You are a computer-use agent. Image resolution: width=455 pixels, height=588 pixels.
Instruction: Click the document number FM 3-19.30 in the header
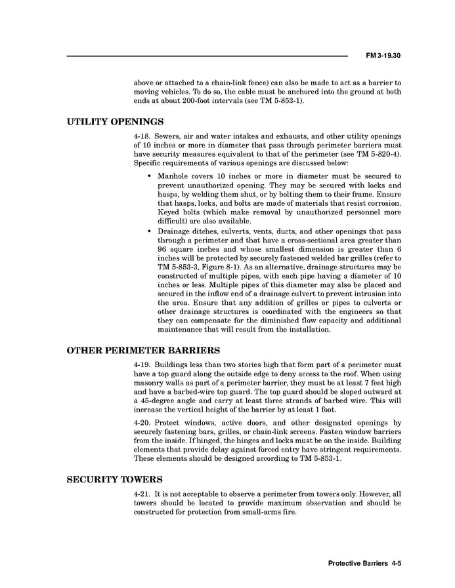(383, 55)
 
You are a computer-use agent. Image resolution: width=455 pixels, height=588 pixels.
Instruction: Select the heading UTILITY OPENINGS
(115, 122)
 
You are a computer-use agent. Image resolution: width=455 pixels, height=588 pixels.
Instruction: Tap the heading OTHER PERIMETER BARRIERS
(143, 350)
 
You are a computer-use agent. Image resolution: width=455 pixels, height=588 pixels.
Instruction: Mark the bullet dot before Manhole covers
(150, 177)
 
